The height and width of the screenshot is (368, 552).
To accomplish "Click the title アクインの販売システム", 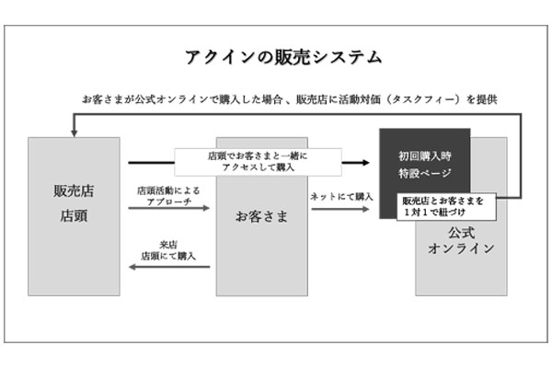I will [x=277, y=58].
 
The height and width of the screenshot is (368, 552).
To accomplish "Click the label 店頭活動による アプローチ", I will [x=168, y=195].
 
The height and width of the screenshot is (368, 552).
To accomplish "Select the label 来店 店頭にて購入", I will [x=168, y=250].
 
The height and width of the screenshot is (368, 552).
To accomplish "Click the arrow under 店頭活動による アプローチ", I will [x=168, y=209].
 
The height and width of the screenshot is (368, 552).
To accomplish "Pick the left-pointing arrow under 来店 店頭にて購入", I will [x=168, y=266].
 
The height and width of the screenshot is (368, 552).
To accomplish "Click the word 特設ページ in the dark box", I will [x=424, y=172].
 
